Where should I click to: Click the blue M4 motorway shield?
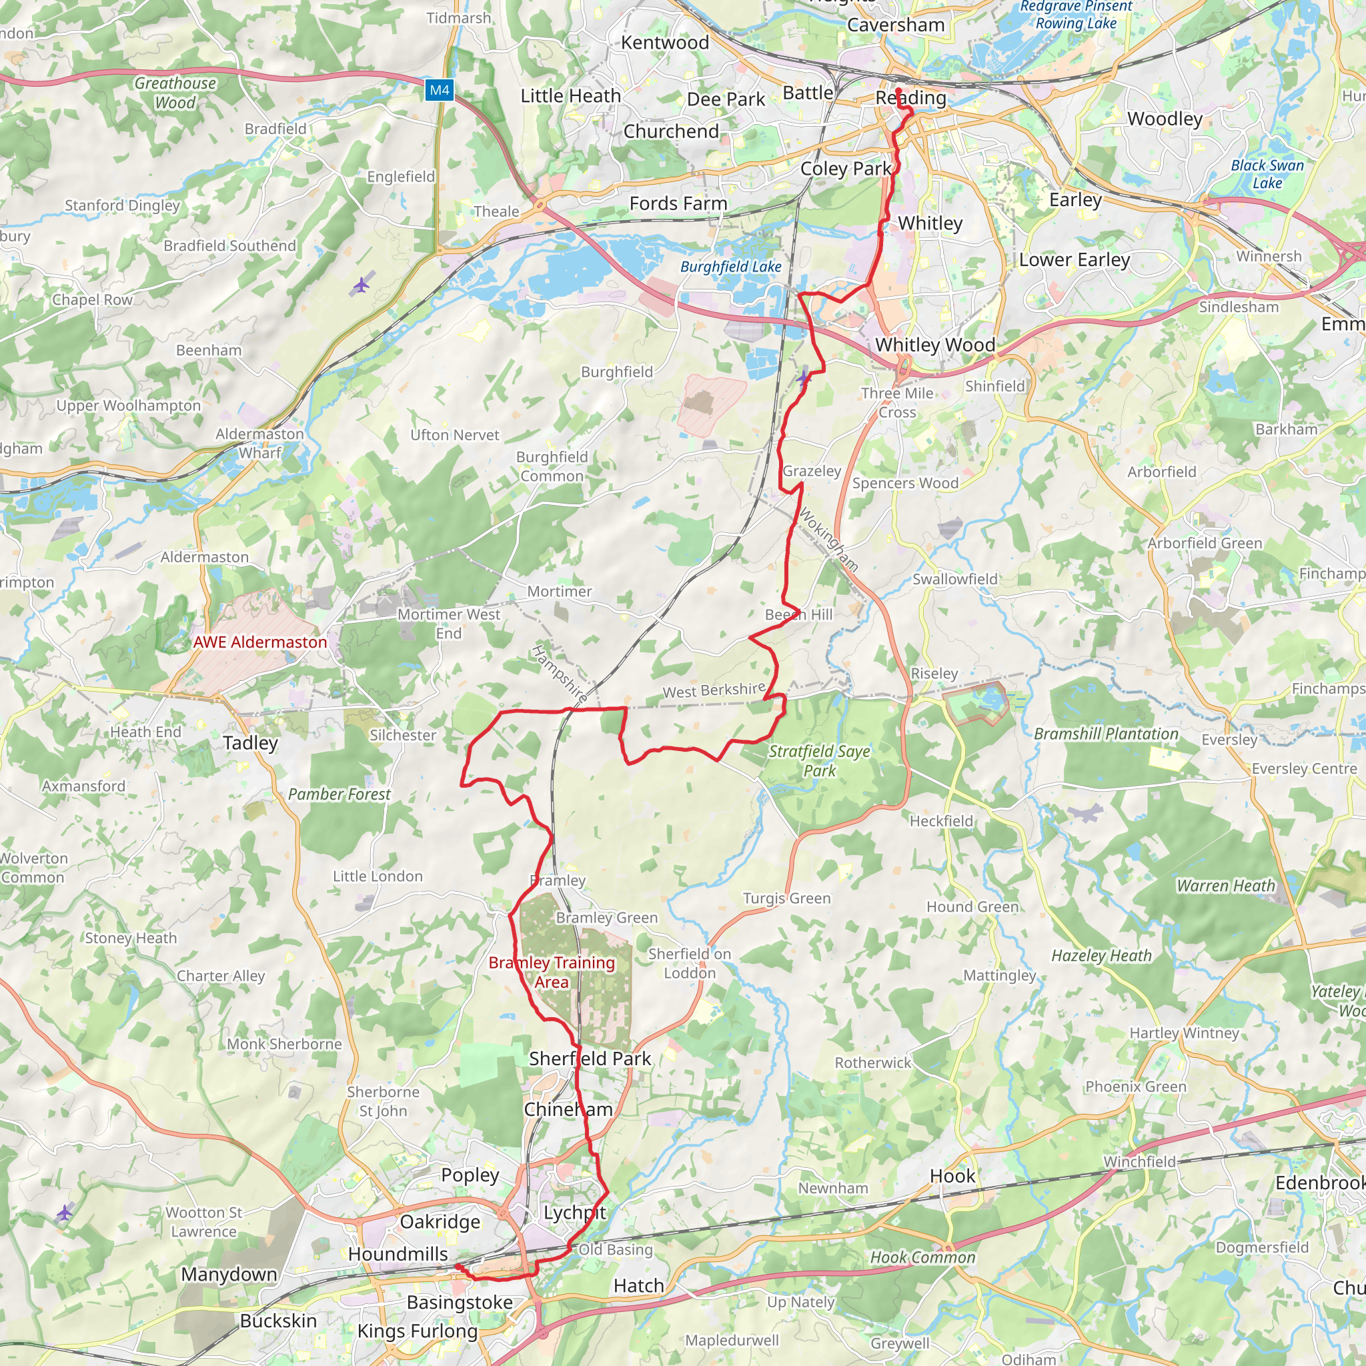[x=439, y=90]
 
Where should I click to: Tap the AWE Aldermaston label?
[x=260, y=642]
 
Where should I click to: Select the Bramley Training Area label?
[x=552, y=972]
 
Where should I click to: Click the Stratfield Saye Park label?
[x=820, y=761]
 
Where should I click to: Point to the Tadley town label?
[x=250, y=742]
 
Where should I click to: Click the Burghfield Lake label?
[x=730, y=267]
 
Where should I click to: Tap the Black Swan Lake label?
[x=1267, y=174]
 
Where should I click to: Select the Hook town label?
[x=952, y=1176]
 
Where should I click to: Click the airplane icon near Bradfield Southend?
[x=362, y=285]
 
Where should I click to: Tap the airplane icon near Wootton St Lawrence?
[x=64, y=1213]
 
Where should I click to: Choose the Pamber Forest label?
[x=339, y=794]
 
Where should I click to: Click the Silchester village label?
[x=403, y=735]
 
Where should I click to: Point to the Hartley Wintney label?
[x=1185, y=1033]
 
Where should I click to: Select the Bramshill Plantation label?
[x=1106, y=734]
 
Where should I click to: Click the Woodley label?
[x=1165, y=119]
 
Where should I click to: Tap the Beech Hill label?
[x=799, y=614]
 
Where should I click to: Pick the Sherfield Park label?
[x=590, y=1059]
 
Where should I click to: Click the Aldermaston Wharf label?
[x=259, y=444]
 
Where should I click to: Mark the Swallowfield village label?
[x=954, y=579]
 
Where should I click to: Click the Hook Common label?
[x=922, y=1257]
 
